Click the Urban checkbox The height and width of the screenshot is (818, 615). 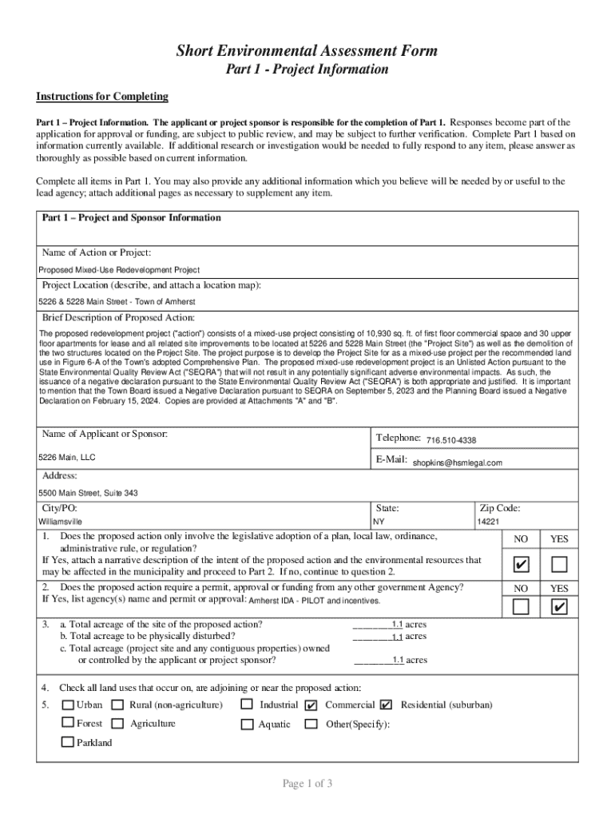pos(69,705)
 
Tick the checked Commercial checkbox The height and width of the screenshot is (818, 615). pos(311,705)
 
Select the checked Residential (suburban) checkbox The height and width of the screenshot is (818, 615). pos(387,705)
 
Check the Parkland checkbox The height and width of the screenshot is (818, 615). pos(69,742)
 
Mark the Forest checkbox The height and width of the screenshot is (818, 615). pos(69,724)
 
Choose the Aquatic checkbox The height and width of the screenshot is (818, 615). pos(247,725)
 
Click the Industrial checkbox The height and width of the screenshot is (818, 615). pos(247,705)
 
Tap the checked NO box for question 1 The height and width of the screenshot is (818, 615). pos(521,566)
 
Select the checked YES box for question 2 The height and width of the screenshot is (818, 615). pos(559,608)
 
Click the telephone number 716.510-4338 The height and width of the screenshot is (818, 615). pos(451,441)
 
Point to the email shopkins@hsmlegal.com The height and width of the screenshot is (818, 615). pos(457,463)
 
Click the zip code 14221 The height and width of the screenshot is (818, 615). pos(488,522)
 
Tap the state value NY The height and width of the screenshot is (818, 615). pos(379,522)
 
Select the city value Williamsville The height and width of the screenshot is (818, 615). pos(61,522)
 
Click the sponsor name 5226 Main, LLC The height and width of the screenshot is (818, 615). pos(67,459)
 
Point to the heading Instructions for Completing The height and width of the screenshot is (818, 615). pos(102,97)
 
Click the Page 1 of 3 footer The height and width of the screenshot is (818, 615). pos(307,784)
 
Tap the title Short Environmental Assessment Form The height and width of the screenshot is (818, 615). pos(307,52)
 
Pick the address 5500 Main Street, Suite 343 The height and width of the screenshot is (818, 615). pos(88,493)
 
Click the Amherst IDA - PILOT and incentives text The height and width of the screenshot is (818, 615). pos(315,601)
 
